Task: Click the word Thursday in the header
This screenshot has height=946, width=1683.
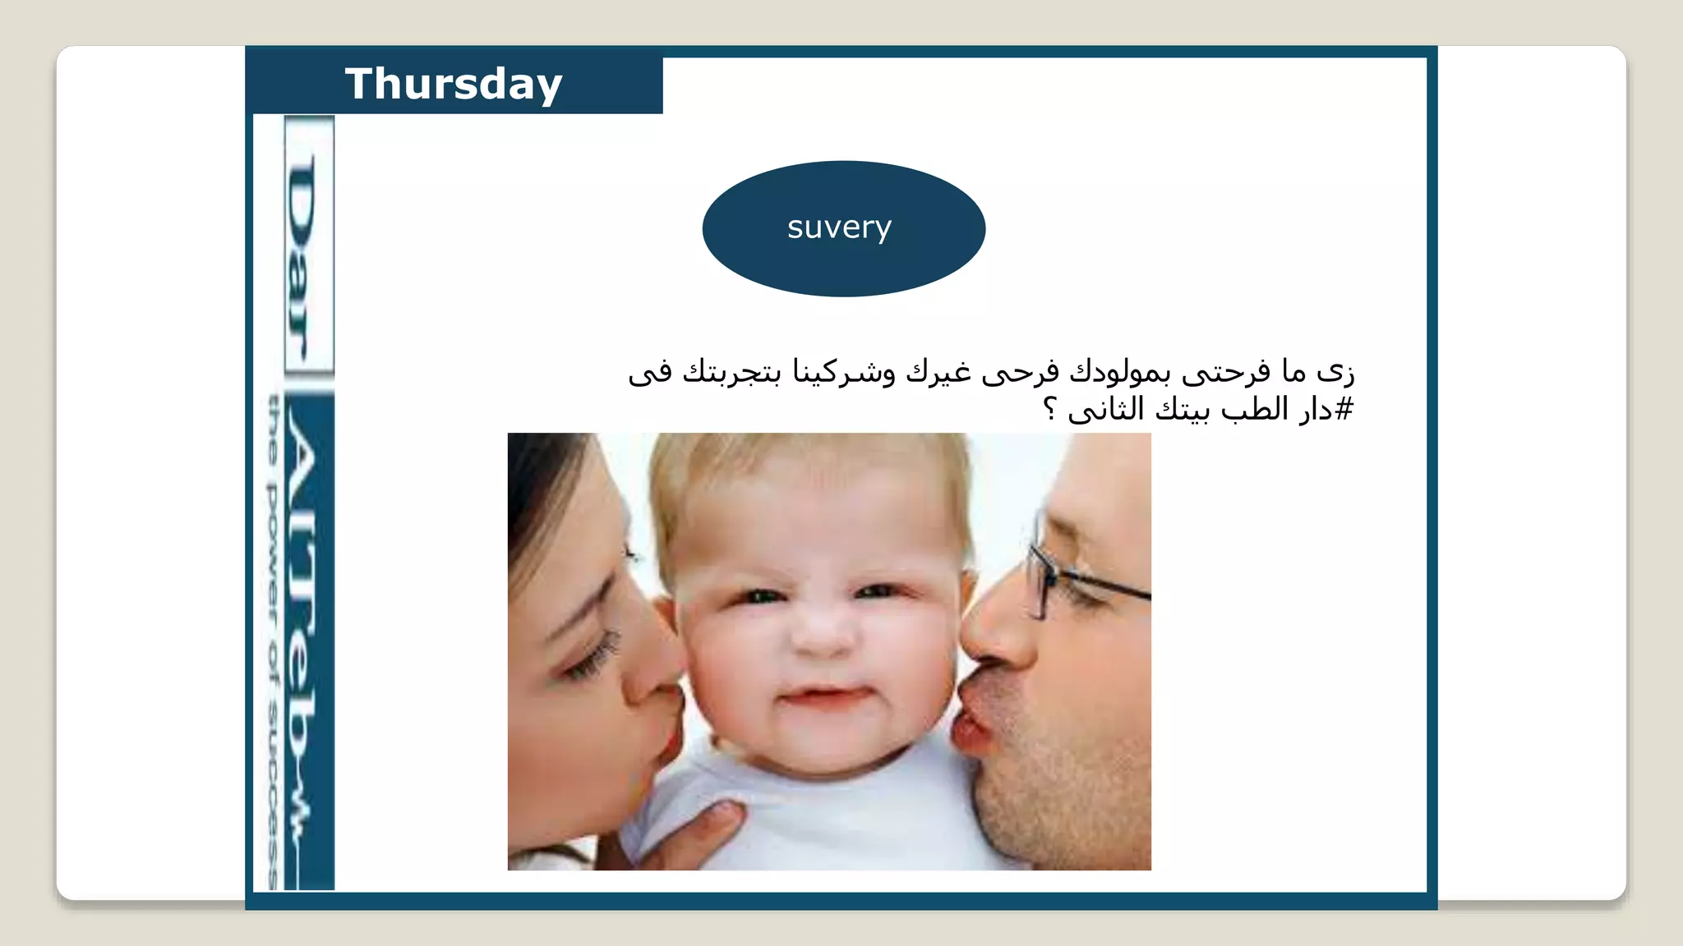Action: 454,84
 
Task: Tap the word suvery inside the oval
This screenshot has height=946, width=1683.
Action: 839,227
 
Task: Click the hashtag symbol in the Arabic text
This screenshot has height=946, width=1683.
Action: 1344,409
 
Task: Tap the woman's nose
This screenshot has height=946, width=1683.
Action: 653,657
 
